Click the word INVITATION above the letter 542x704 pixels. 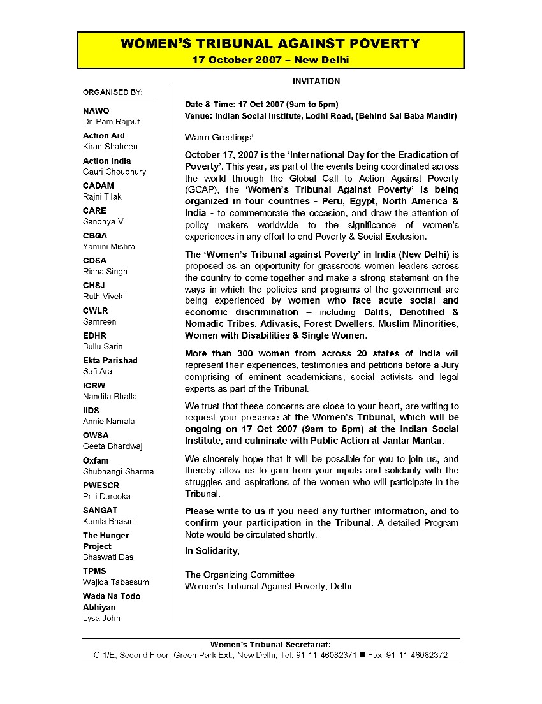316,81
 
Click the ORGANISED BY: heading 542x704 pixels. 113,92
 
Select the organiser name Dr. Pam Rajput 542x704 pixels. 111,121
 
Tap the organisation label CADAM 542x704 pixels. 98,186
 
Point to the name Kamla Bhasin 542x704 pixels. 108,521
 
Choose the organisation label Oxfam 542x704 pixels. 96,460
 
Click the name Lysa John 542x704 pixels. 101,618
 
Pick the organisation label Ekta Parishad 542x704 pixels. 110,360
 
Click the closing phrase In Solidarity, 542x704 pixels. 212,551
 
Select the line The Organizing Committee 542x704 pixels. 240,575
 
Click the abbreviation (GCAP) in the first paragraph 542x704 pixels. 200,190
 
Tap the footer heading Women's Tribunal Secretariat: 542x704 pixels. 270,644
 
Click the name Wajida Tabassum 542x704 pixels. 116,582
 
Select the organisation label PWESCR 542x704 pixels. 101,485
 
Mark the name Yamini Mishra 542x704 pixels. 109,246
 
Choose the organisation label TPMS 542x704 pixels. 94,571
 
